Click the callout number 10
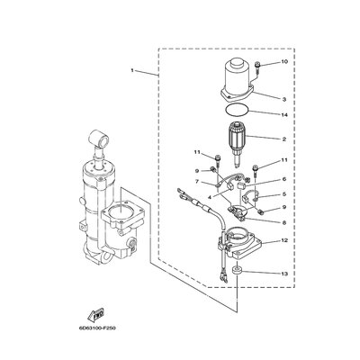click(284, 62)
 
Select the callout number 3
click(284, 99)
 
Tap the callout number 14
click(284, 115)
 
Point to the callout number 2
click(284, 139)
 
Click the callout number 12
click(284, 240)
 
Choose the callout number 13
click(284, 274)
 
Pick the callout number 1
click(132, 70)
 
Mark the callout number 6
click(284, 179)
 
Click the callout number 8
click(284, 223)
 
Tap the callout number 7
click(197, 182)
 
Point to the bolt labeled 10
click(257, 68)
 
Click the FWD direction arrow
click(96, 316)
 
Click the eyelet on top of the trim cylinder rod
click(99, 138)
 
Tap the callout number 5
click(284, 194)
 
